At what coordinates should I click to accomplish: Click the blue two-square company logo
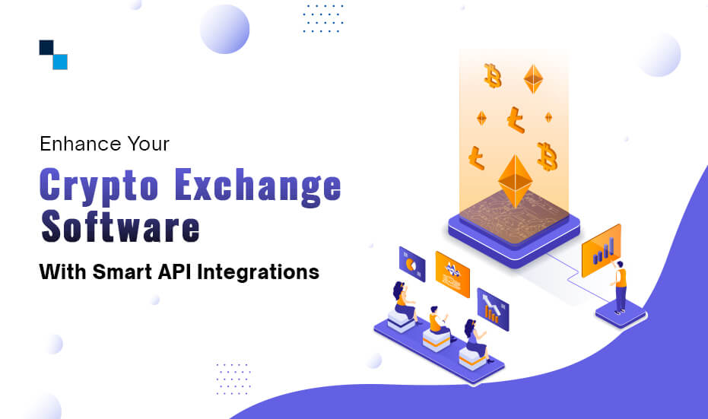(x=53, y=54)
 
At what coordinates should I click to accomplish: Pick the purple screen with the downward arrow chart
(x=492, y=309)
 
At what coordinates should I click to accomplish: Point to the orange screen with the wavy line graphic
(x=452, y=273)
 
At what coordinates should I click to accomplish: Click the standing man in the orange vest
(x=620, y=286)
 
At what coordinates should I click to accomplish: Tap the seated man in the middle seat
(x=436, y=321)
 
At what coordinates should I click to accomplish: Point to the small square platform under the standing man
(x=621, y=313)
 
